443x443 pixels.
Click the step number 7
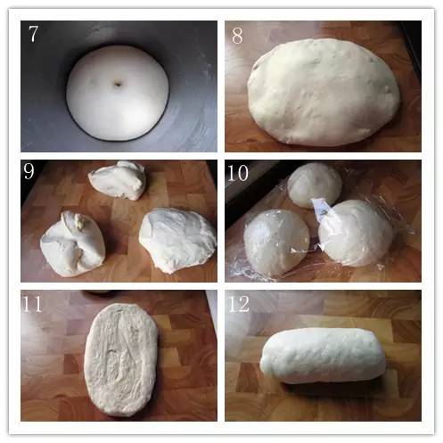[33, 33]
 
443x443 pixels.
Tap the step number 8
[237, 36]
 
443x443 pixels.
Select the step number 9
[29, 171]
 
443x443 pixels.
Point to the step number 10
[238, 173]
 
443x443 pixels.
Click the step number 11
[32, 304]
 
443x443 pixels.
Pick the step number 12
[239, 304]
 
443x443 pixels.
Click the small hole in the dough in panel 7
[118, 85]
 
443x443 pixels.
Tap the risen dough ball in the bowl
[118, 93]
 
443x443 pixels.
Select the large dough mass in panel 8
[324, 92]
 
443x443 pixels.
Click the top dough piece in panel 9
[118, 180]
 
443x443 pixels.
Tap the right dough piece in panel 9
[177, 240]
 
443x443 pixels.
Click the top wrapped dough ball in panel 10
[315, 185]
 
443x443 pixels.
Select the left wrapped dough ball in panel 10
[276, 242]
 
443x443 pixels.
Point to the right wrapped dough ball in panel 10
[356, 233]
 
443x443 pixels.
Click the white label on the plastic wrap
[322, 211]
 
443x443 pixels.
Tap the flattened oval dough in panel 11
[120, 360]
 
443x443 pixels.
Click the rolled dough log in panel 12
[323, 356]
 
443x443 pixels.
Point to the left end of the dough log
[262, 361]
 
